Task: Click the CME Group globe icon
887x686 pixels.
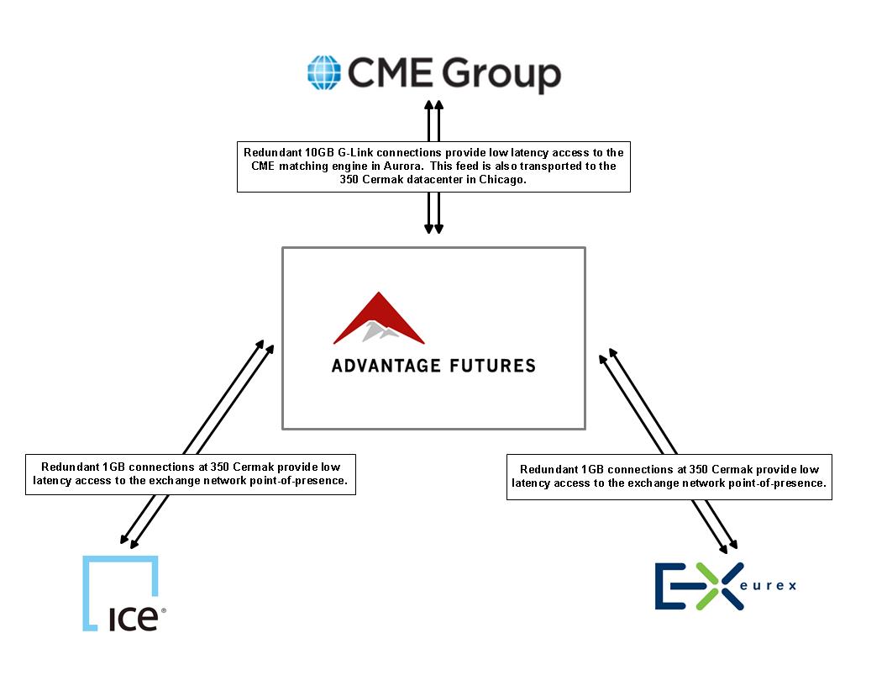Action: pyautogui.click(x=324, y=72)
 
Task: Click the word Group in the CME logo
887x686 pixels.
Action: pyautogui.click(x=501, y=75)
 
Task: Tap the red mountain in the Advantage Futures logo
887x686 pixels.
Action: pyautogui.click(x=379, y=318)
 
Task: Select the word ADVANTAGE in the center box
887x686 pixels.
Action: pyautogui.click(x=386, y=366)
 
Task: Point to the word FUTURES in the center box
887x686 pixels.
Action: pyautogui.click(x=493, y=366)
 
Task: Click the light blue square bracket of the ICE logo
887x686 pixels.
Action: pyautogui.click(x=120, y=593)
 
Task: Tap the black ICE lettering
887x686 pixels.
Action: pyautogui.click(x=134, y=620)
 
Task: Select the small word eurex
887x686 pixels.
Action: pyautogui.click(x=769, y=586)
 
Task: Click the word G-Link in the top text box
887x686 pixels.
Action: pyautogui.click(x=356, y=152)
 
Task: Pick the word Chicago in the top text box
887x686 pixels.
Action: pyautogui.click(x=501, y=179)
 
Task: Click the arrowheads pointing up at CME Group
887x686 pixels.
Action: pyautogui.click(x=434, y=106)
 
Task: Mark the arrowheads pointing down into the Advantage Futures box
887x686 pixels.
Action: pyautogui.click(x=434, y=228)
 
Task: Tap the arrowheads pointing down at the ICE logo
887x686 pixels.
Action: pyautogui.click(x=129, y=541)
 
